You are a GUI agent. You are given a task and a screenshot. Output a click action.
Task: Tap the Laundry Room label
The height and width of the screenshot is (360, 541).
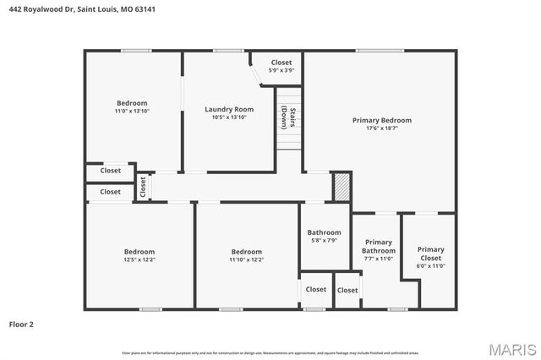(229, 109)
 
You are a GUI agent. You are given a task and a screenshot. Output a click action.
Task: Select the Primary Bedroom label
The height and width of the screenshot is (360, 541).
(382, 120)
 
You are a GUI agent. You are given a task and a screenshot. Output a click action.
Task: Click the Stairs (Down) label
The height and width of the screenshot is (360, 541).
(289, 117)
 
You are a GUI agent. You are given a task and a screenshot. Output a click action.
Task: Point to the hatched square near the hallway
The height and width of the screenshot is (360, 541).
(341, 187)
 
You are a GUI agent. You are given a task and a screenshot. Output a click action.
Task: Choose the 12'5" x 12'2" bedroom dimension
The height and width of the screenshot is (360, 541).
(139, 259)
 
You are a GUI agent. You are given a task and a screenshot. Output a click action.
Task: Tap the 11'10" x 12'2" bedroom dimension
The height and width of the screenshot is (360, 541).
(247, 259)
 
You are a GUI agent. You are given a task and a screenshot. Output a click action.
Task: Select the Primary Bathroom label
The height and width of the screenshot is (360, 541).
(378, 247)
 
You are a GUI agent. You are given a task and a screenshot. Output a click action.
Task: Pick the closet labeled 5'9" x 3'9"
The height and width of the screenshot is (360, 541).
(281, 70)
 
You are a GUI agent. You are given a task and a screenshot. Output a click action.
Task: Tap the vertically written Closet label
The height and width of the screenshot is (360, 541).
(143, 186)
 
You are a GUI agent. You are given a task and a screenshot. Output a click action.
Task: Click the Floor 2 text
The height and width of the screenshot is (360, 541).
(21, 324)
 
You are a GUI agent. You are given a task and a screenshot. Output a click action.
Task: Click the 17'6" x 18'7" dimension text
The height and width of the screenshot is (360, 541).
(382, 128)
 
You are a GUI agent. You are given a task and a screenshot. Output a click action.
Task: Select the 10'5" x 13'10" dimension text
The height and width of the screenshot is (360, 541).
(229, 117)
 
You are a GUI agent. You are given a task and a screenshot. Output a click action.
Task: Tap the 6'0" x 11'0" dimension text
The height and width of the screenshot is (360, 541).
(430, 266)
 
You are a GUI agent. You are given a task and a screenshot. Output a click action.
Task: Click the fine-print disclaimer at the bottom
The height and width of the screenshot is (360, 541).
(270, 352)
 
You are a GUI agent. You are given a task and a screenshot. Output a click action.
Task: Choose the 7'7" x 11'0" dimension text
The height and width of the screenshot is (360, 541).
(378, 259)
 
